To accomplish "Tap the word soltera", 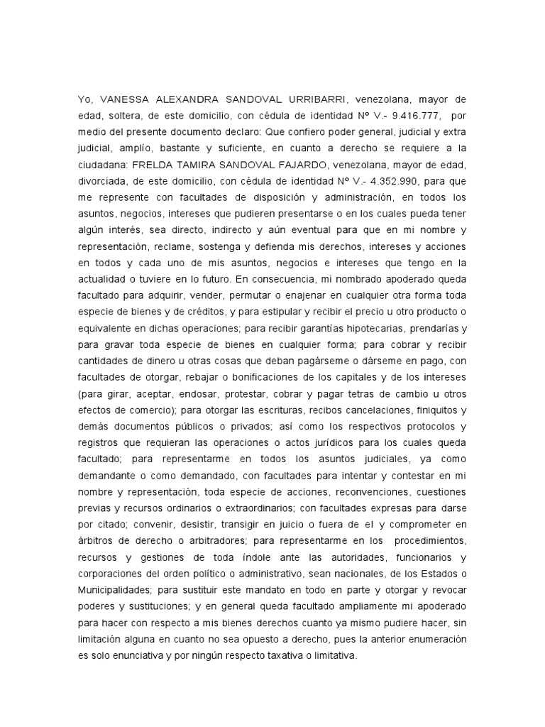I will tap(128, 116).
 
